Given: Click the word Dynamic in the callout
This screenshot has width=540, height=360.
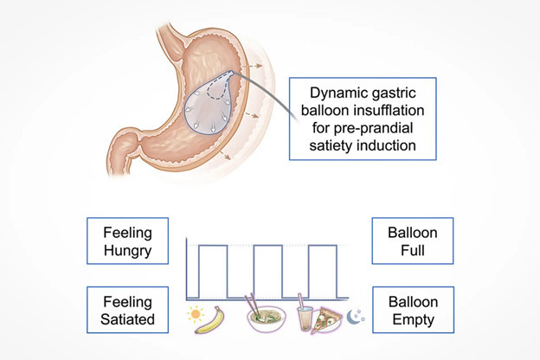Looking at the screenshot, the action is point(333,93).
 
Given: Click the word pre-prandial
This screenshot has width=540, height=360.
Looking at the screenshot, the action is point(374,128).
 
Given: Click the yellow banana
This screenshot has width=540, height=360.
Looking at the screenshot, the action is point(210,320).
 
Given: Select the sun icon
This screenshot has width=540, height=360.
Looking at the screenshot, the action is point(196,314).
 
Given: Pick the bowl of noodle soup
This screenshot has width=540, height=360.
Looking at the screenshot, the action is point(267,319).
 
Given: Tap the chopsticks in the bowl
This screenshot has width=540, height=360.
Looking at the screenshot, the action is point(252,304).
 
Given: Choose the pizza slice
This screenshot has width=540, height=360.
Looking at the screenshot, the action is point(325,319).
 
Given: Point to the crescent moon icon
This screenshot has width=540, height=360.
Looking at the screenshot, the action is point(353,317).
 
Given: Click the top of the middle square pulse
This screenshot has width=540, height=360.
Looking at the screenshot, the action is point(267,245).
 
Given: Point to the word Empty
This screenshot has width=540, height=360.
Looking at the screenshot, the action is point(413,319).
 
